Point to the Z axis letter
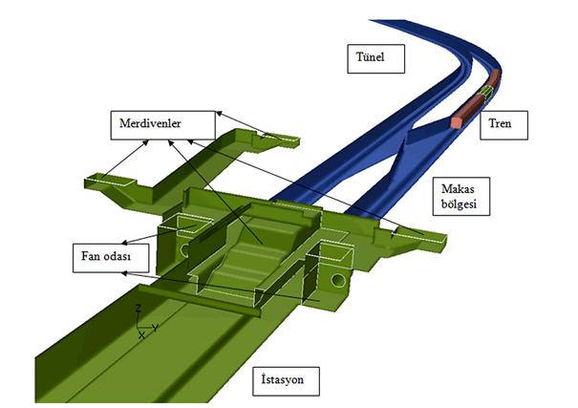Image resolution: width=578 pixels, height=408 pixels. (139, 309)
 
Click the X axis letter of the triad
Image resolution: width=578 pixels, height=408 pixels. (141, 336)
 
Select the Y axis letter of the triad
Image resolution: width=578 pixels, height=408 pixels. (155, 327)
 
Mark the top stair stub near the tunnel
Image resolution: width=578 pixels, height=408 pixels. (277, 140)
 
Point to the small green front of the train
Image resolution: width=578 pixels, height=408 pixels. (488, 91)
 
